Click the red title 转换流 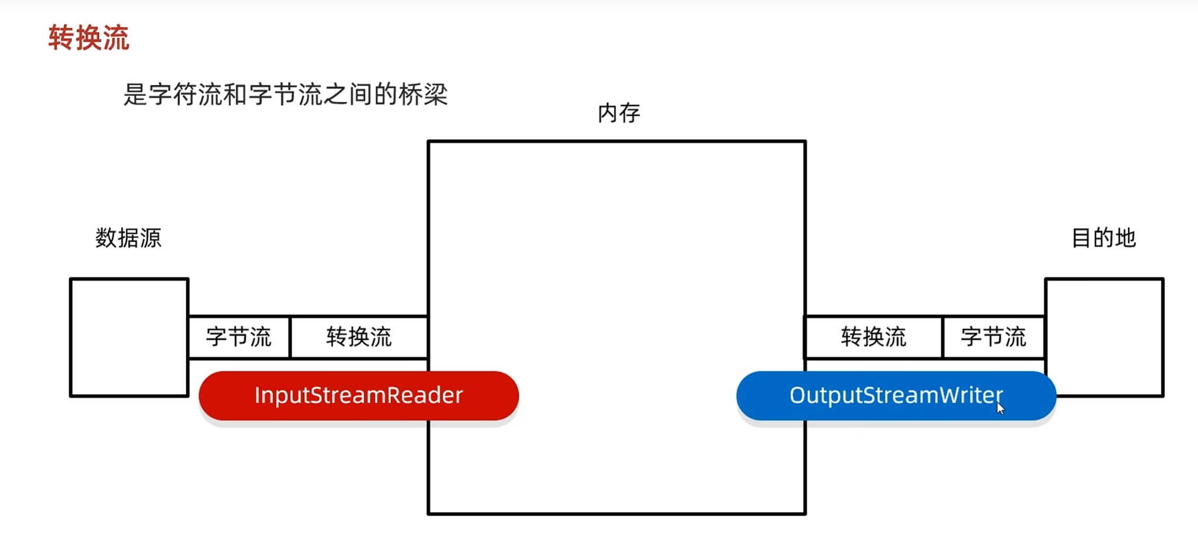(89, 38)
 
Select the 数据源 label (128, 238)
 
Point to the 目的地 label (1104, 238)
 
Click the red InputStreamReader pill (359, 396)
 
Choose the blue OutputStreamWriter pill (896, 396)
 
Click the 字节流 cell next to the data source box (239, 337)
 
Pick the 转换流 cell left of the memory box (359, 337)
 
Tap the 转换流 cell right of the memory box (873, 337)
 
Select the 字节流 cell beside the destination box (993, 337)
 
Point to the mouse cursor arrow (1000, 408)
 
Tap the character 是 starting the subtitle (135, 95)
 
